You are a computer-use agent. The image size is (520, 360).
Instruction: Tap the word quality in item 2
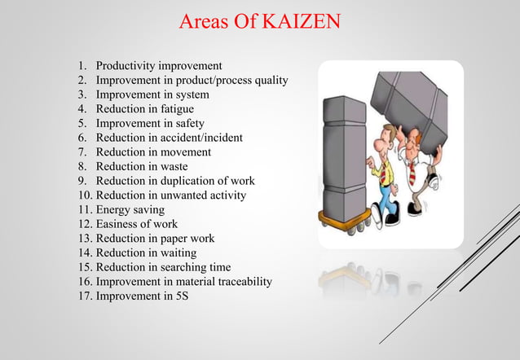(271, 80)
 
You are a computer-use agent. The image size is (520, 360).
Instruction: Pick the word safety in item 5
(187, 123)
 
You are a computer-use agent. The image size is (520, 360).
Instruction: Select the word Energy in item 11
(112, 209)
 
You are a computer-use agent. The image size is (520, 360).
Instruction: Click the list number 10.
(85, 195)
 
